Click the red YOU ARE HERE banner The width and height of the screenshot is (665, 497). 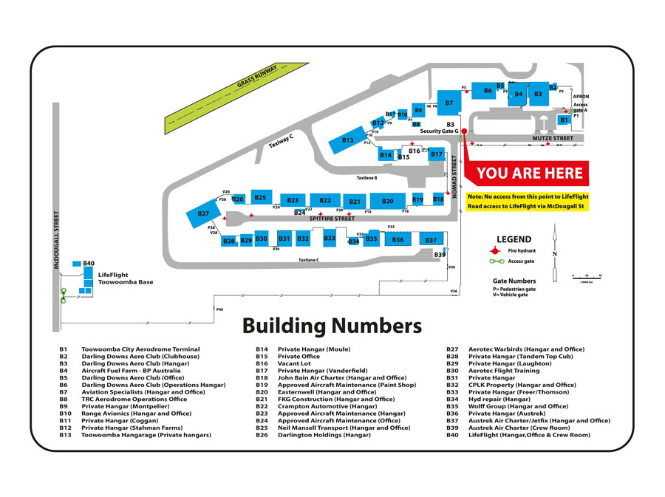click(529, 174)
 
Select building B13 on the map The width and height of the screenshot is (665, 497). click(347, 140)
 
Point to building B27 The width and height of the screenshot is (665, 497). click(203, 213)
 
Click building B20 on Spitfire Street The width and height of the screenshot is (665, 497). click(387, 201)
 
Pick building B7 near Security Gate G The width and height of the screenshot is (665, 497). click(449, 103)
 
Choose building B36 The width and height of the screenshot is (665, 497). click(398, 239)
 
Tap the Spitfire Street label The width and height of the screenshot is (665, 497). click(332, 219)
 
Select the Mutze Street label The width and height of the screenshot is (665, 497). click(553, 138)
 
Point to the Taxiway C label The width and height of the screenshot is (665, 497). click(282, 141)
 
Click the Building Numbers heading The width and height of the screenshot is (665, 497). click(332, 326)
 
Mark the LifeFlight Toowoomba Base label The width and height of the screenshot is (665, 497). click(126, 278)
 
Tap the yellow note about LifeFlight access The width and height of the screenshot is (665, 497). click(527, 202)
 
